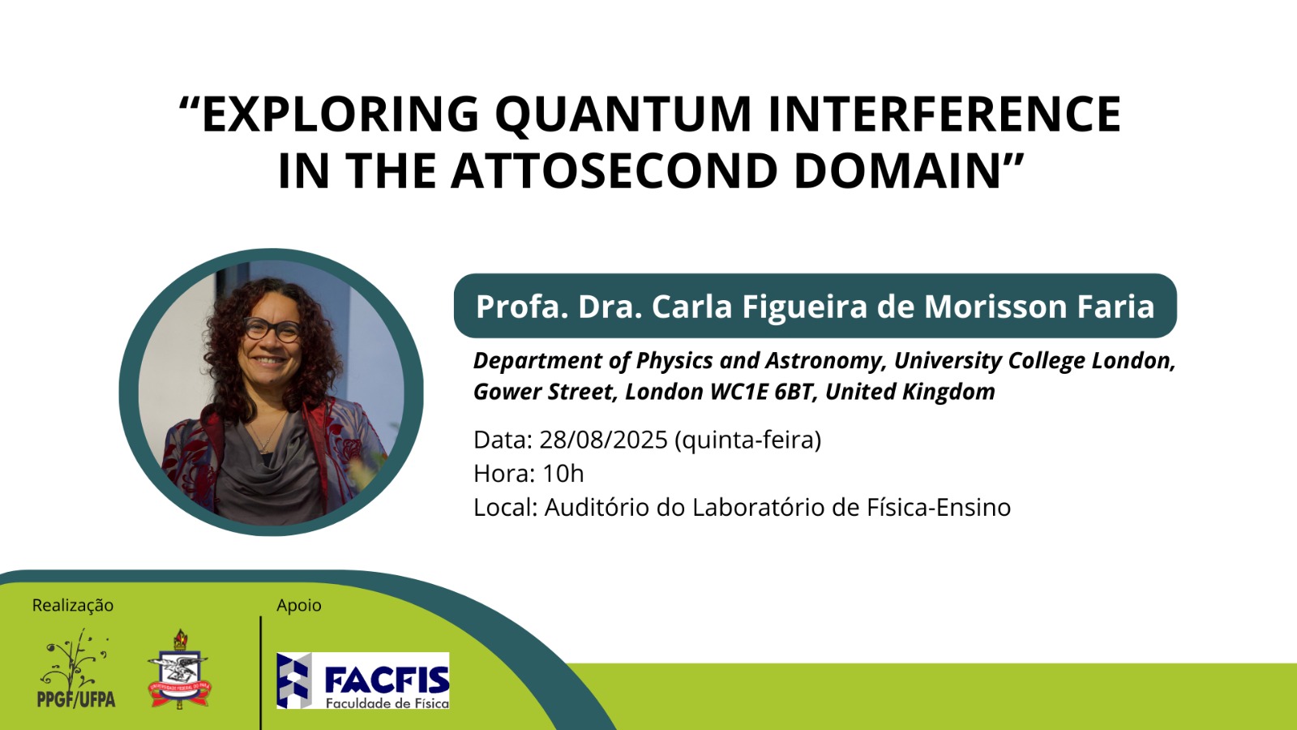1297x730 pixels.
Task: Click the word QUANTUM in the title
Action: (623, 114)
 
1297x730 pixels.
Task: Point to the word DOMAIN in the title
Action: (897, 170)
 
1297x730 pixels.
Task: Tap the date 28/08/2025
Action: (604, 440)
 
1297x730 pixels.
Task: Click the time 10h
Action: (563, 474)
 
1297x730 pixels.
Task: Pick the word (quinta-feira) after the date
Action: (748, 440)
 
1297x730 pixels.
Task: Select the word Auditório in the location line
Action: (597, 508)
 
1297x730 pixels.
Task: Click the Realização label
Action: (72, 605)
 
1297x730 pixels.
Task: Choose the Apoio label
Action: (299, 605)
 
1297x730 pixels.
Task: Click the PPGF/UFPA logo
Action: (76, 668)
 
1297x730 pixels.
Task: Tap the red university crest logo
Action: (179, 669)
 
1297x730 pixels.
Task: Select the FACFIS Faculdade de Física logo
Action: (362, 681)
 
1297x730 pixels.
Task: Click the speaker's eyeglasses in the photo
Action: (272, 329)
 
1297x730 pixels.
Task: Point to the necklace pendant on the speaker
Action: (265, 447)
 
